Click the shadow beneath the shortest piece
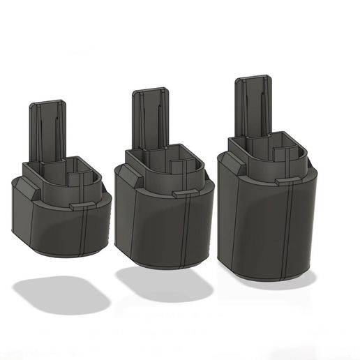(x=61, y=293)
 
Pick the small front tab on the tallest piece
(x=287, y=181)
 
